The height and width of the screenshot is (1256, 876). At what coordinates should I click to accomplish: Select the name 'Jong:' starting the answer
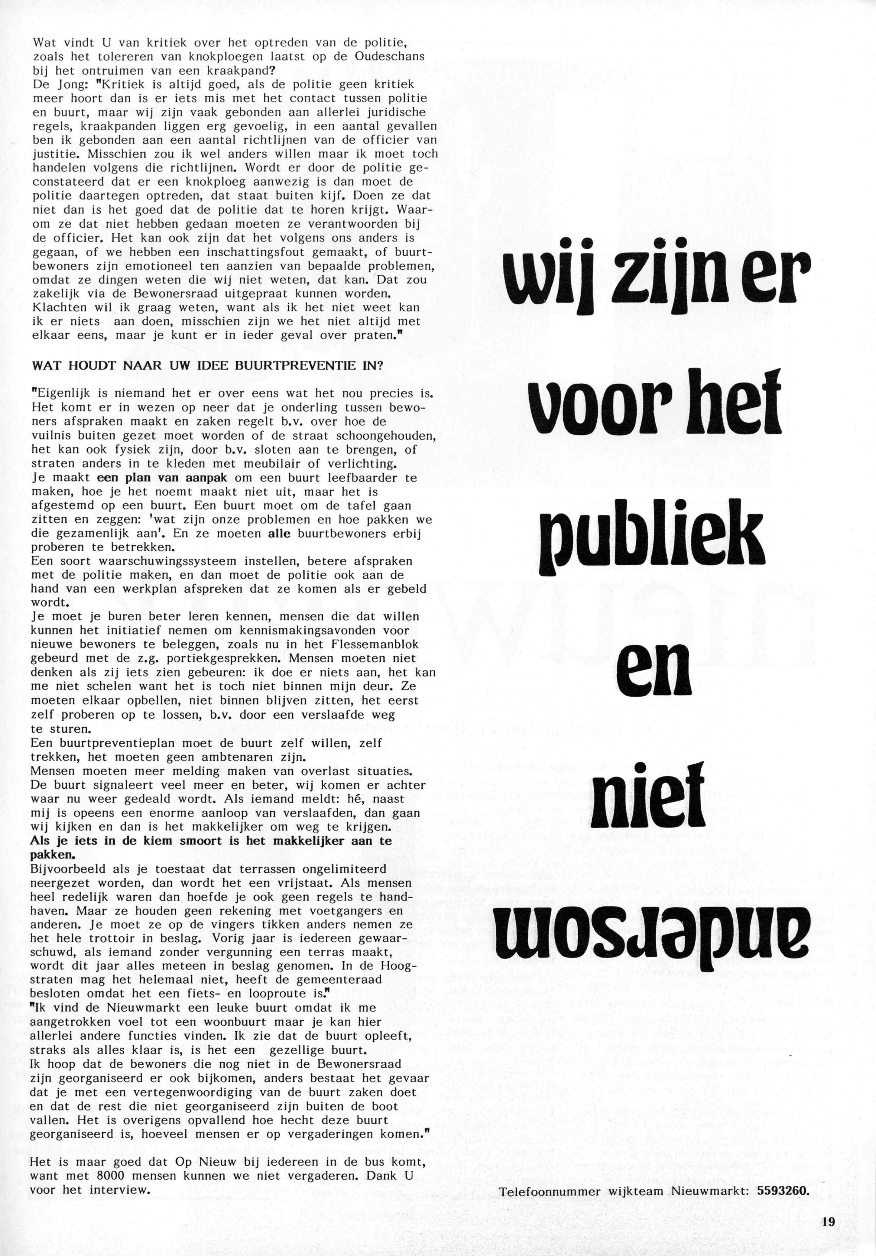[x=64, y=85]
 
